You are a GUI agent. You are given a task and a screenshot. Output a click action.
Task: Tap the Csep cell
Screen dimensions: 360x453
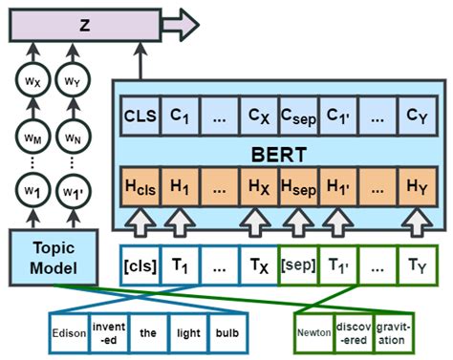[297, 116]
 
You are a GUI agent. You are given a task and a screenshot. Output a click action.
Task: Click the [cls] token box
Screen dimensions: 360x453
[140, 260]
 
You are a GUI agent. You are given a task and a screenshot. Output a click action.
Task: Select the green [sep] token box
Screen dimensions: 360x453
[297, 260]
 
